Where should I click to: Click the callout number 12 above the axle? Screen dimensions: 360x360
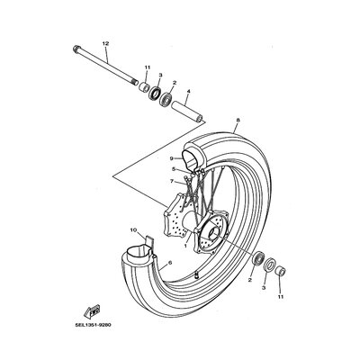coord(105,44)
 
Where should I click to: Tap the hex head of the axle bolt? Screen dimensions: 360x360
coord(76,49)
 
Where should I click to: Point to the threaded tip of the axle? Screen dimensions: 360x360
coord(134,81)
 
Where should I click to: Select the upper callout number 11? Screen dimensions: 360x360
coord(148,68)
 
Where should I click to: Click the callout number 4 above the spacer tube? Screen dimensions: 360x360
coord(188,91)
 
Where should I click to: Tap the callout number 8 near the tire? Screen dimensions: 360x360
coord(238,121)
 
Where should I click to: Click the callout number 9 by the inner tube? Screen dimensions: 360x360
coord(171,158)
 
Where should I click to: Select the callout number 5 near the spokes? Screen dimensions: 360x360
coord(174,169)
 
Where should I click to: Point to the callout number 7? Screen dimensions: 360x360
coord(171,181)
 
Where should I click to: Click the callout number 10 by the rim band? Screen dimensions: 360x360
coord(133,230)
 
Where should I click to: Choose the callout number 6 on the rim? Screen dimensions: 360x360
coord(170,263)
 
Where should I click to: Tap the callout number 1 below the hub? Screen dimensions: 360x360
coord(185,246)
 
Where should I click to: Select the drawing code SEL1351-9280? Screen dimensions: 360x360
coord(93,325)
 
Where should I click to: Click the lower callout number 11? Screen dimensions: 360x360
coord(281,297)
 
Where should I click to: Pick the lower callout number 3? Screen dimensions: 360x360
coord(264,288)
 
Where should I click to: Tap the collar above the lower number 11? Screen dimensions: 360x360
coord(281,270)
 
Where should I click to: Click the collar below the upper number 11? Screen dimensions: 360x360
coord(144,86)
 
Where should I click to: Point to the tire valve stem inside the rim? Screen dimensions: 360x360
coord(197,274)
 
